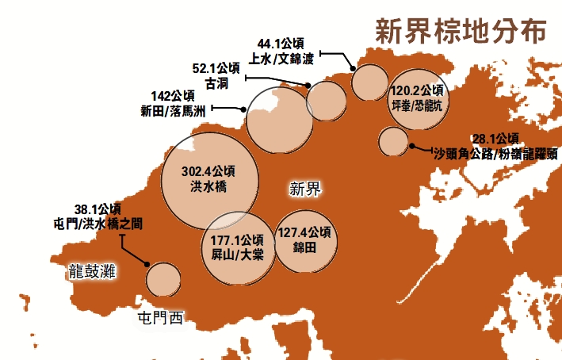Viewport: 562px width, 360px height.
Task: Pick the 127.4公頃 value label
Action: (305, 232)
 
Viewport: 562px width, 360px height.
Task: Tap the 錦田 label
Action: (305, 247)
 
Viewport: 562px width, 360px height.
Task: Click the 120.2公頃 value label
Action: (418, 90)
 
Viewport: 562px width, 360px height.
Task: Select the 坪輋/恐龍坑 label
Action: (418, 105)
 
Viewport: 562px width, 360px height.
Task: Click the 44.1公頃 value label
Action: (281, 43)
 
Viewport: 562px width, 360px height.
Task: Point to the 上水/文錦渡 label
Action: (281, 58)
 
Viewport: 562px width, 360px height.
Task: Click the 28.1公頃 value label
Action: (495, 138)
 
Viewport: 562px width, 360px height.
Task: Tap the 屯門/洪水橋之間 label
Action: (94, 224)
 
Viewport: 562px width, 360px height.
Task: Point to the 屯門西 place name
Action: (159, 319)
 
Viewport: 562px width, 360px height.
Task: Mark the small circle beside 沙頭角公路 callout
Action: (392, 142)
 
